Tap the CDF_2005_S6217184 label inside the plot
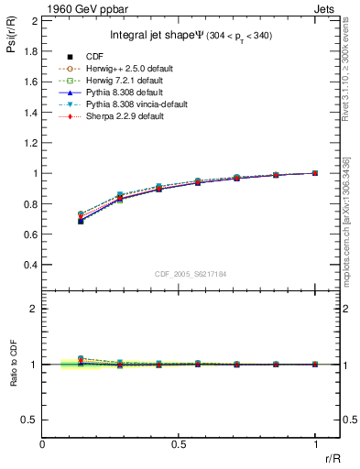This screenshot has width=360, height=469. (x=191, y=274)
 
